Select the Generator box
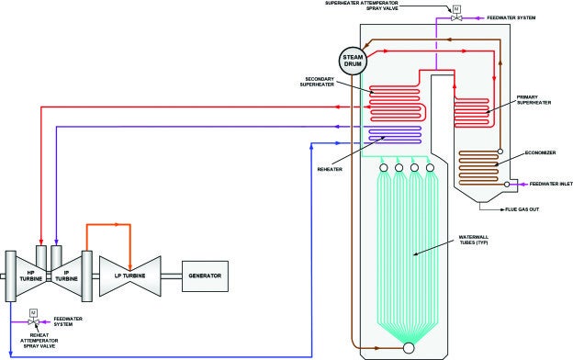click(203, 276)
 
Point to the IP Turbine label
click(66, 276)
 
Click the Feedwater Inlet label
click(551, 184)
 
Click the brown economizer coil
click(474, 166)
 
